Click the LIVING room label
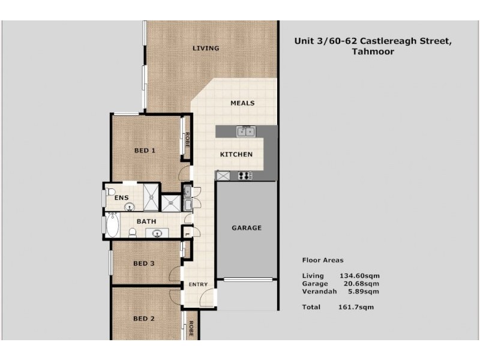205,48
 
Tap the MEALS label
242,103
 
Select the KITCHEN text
236,155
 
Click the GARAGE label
247,228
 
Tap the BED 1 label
145,151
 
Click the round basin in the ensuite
129,207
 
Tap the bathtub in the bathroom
113,226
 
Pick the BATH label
146,221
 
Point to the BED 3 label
144,263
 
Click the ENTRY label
197,284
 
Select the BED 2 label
144,319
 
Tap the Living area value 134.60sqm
359,276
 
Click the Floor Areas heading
322,260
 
